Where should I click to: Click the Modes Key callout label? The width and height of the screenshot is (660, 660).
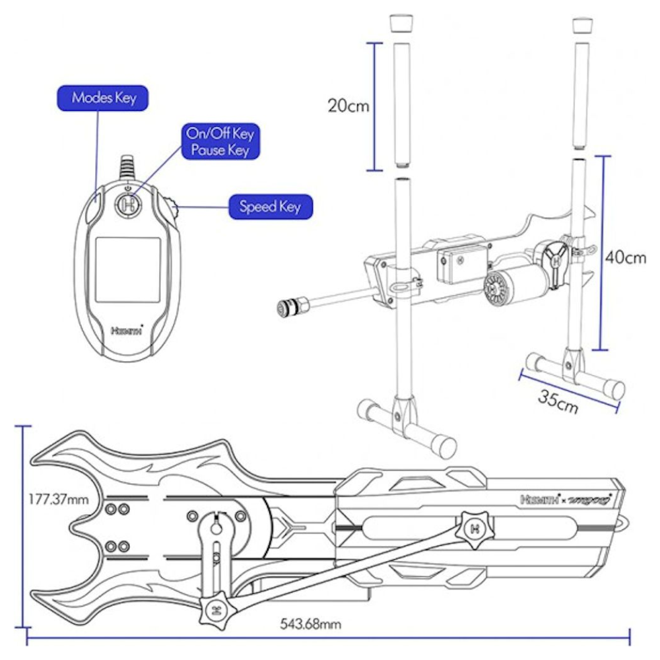pos(104,98)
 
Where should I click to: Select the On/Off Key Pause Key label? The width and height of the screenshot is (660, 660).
pos(220,142)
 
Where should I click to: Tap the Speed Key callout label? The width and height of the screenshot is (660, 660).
pos(270,207)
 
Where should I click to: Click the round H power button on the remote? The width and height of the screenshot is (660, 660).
pos(129,204)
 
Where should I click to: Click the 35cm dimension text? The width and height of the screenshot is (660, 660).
pos(557,401)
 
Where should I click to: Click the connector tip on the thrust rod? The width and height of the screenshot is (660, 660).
pos(289,306)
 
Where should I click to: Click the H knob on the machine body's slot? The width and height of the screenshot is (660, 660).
pos(473,529)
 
